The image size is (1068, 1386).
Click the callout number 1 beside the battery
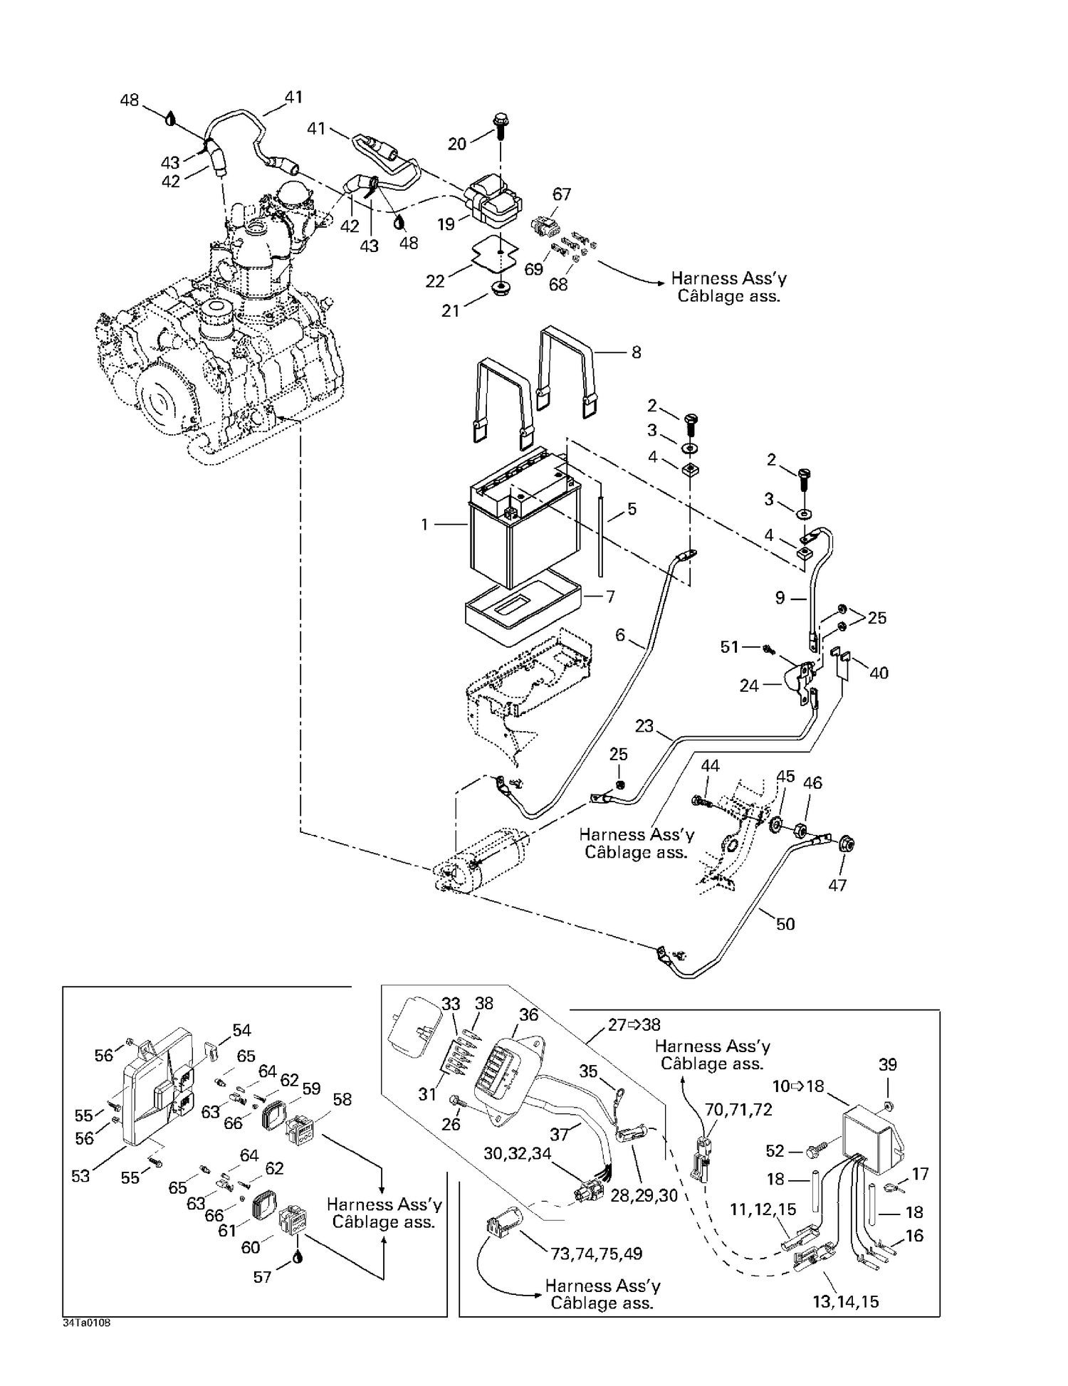pyautogui.click(x=424, y=525)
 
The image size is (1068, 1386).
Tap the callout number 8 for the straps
pyautogui.click(x=636, y=352)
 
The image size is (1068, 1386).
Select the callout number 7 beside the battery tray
pyautogui.click(x=610, y=597)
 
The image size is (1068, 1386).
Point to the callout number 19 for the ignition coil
pyautogui.click(x=446, y=225)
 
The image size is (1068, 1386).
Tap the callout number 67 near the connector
pyautogui.click(x=562, y=194)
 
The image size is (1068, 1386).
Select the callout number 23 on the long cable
pyautogui.click(x=644, y=726)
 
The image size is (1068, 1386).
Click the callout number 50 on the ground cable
pyautogui.click(x=785, y=924)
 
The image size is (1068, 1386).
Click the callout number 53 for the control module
pyautogui.click(x=80, y=1175)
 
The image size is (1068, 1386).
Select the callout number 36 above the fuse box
pyautogui.click(x=528, y=1014)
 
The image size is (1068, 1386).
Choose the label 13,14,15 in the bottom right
pyautogui.click(x=845, y=1301)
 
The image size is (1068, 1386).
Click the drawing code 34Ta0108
pyautogui.click(x=86, y=1322)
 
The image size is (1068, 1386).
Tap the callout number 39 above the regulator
pyautogui.click(x=887, y=1064)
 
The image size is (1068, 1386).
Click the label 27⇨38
pyautogui.click(x=633, y=1024)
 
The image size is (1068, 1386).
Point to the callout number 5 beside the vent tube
pyautogui.click(x=631, y=510)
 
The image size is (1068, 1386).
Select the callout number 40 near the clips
pyautogui.click(x=879, y=673)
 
